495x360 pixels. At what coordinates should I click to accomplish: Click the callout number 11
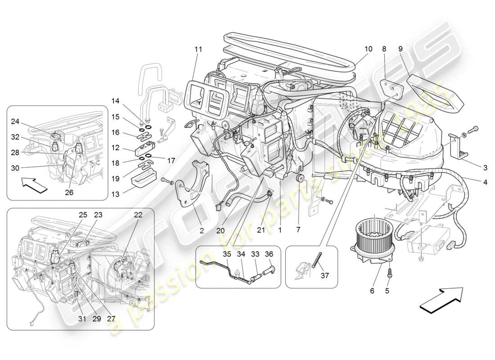coord(198,49)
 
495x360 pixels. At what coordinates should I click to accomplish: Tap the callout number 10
coord(369,49)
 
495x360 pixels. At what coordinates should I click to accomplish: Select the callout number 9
coord(400,49)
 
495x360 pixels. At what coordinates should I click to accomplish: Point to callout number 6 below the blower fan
coord(372,291)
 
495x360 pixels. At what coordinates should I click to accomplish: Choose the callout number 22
coord(138,215)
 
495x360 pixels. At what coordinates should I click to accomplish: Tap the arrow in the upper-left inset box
coord(34,185)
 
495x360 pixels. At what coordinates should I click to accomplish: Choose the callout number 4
coord(485,182)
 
